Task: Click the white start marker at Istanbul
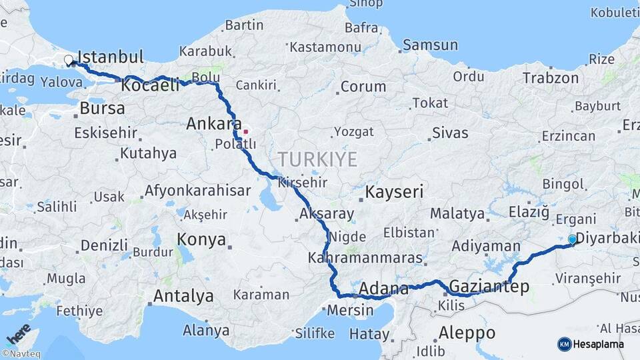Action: pos(68,61)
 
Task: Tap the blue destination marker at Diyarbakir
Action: pos(572,239)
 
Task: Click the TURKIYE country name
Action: pos(317,159)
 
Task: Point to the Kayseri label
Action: pos(394,192)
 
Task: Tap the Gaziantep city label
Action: pos(489,287)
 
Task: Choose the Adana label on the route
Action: pos(383,289)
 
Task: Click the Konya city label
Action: pos(201,240)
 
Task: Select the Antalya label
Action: pos(183,295)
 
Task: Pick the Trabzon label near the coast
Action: pos(551,77)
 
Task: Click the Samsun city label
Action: pos(431,45)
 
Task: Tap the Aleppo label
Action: pos(467,332)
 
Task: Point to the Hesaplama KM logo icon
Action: pos(565,344)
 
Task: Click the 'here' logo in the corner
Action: pos(19,333)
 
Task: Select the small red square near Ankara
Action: pos(245,131)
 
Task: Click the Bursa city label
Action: pos(102,108)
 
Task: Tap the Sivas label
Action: pos(450,133)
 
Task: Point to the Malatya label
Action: pos(457,213)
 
